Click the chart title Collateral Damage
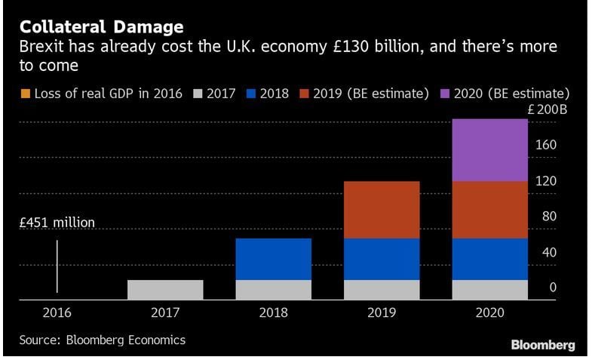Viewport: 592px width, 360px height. point(101,27)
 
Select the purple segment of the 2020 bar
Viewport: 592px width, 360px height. point(489,149)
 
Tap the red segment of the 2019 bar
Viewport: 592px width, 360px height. point(382,210)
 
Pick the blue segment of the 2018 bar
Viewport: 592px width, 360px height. point(273,259)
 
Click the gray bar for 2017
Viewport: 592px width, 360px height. point(165,290)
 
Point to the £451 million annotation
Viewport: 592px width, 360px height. point(57,223)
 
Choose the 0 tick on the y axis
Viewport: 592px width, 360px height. point(553,288)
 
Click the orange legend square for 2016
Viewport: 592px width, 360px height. point(23,94)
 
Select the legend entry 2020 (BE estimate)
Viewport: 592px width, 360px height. point(517,94)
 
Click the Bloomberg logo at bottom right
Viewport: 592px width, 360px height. point(543,345)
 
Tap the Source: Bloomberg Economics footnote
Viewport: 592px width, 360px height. point(102,340)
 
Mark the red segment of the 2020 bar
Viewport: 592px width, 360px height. point(489,210)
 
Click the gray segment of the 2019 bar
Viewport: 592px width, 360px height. point(382,290)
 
